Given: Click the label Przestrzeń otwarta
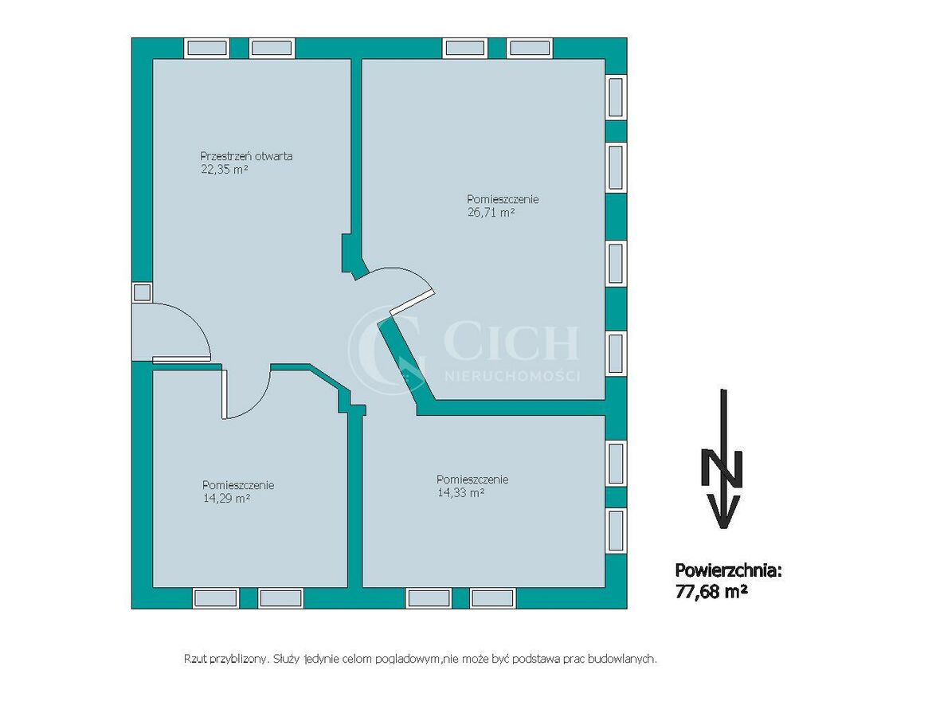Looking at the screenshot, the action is click(x=246, y=156).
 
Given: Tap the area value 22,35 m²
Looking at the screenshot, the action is click(x=225, y=170).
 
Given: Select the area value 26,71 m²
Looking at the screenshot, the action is click(x=491, y=213).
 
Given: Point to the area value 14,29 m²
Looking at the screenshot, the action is click(x=226, y=499).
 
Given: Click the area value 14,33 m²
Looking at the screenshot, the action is click(x=461, y=492).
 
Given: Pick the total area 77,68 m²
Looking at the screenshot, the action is click(x=711, y=590).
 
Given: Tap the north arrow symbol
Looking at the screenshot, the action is click(x=722, y=459).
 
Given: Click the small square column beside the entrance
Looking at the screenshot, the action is click(x=142, y=293).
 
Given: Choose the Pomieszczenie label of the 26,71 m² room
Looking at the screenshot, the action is click(x=503, y=199).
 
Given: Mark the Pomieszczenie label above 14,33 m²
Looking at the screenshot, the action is click(x=472, y=480).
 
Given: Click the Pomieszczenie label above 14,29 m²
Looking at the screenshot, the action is click(x=238, y=485).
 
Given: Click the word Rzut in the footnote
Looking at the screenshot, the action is click(x=195, y=659).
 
